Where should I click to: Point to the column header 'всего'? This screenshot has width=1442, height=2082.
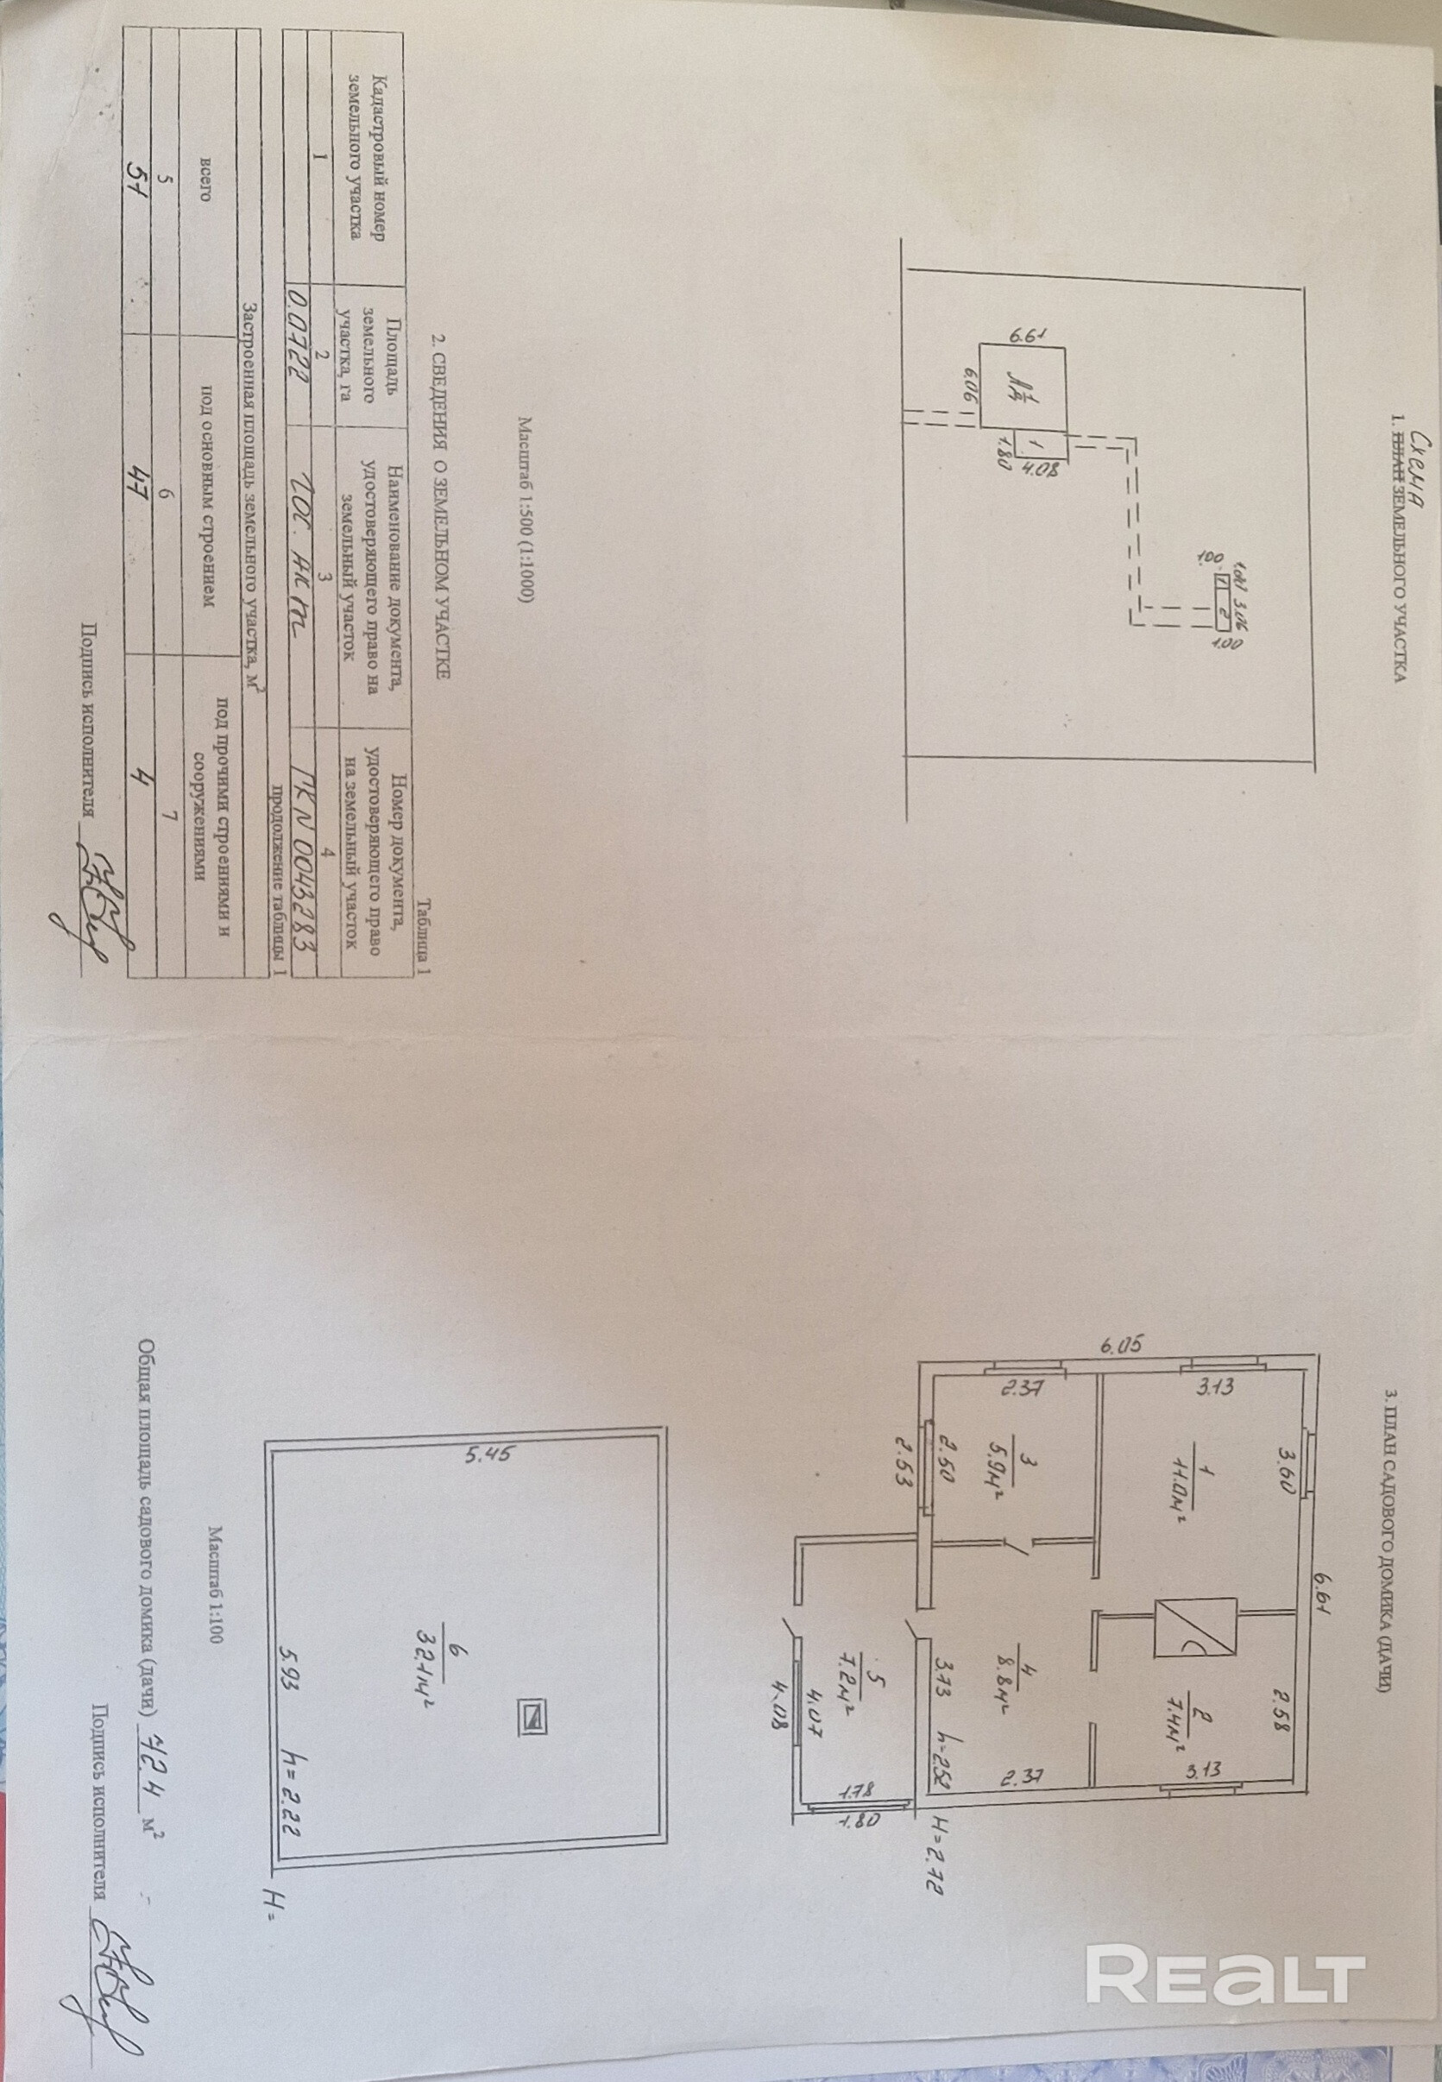point(206,177)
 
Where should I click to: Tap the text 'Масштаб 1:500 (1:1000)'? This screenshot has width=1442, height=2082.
point(526,509)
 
